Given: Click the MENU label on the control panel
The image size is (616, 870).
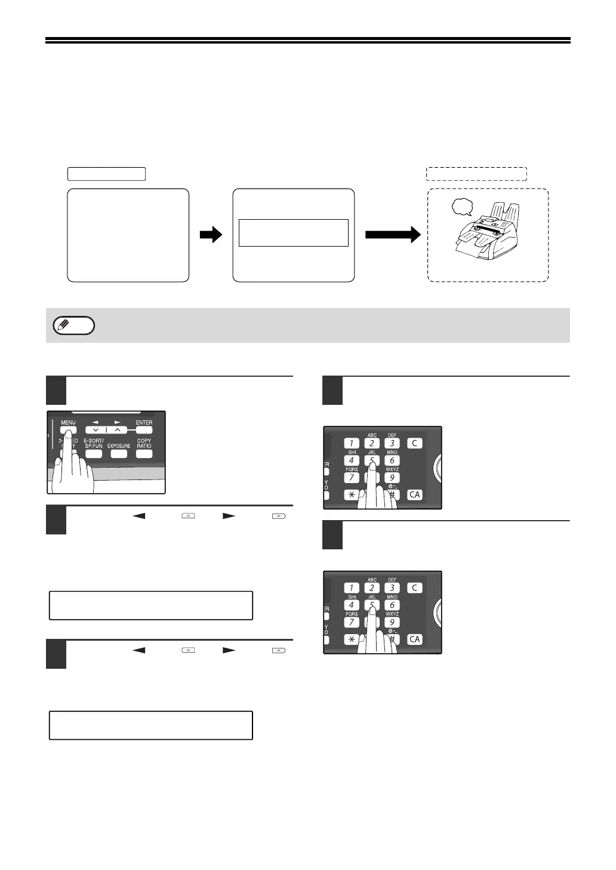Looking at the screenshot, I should pyautogui.click(x=68, y=423).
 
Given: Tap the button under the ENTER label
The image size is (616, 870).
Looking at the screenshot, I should pyautogui.click(x=144, y=430).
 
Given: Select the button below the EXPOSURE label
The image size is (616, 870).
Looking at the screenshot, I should pyautogui.click(x=119, y=454).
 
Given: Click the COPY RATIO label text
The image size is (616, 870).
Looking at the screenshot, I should pyautogui.click(x=144, y=443).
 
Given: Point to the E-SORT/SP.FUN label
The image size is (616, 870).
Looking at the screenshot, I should pyautogui.click(x=94, y=443).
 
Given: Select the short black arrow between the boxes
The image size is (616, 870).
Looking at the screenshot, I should pyautogui.click(x=211, y=235).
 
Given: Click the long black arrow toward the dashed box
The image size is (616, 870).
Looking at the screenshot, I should pyautogui.click(x=393, y=235).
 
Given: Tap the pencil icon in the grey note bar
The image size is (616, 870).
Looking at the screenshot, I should pyautogui.click(x=62, y=325).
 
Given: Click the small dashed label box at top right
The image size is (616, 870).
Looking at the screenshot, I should pyautogui.click(x=476, y=174).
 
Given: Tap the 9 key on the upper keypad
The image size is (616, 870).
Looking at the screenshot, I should pyautogui.click(x=392, y=478).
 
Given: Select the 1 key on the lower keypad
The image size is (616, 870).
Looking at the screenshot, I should pyautogui.click(x=352, y=588).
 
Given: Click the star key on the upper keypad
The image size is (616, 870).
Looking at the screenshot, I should pyautogui.click(x=352, y=495).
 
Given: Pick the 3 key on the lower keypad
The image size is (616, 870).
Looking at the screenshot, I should pyautogui.click(x=392, y=588).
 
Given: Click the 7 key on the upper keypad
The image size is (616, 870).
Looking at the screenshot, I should pyautogui.click(x=352, y=478).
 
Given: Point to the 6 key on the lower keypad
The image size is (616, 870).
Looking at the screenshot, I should pyautogui.click(x=392, y=605).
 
